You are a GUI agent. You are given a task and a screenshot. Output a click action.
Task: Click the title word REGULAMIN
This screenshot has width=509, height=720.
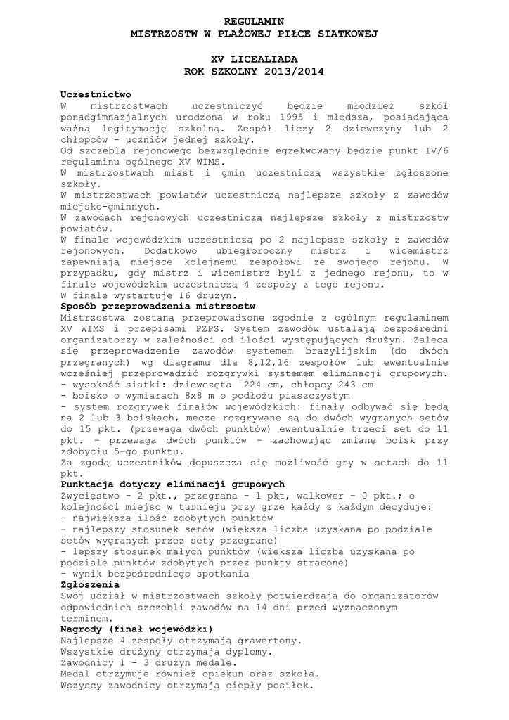point(254,22)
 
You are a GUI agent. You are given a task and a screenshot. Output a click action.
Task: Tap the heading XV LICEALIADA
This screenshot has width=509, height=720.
point(254,60)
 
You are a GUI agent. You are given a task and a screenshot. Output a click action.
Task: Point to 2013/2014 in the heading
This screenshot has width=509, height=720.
point(290,71)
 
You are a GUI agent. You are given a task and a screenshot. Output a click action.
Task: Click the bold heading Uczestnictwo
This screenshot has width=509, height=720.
point(96,94)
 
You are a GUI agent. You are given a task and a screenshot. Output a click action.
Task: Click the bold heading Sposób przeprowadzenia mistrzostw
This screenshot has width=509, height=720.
point(158,307)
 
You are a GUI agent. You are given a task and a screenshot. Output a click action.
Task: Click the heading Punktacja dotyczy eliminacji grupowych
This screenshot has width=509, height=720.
point(172,484)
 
